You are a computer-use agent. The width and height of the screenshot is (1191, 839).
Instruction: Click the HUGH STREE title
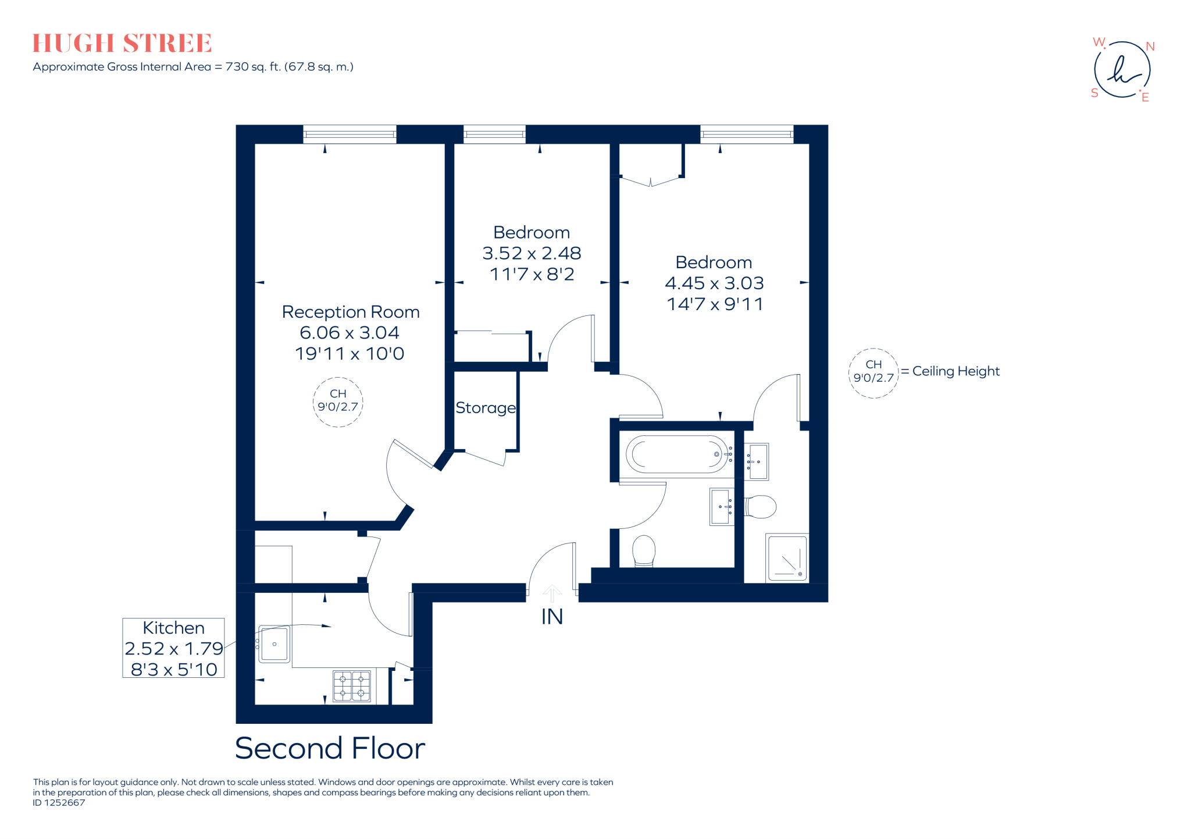[x=122, y=44]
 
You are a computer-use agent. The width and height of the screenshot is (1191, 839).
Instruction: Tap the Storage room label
[x=486, y=408]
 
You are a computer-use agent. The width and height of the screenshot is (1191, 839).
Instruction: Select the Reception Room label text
[x=351, y=312]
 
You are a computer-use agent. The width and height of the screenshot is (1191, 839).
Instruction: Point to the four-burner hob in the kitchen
[x=352, y=686]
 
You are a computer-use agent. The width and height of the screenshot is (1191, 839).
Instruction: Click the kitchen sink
[x=274, y=644]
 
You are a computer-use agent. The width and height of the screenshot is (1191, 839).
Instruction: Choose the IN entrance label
[x=552, y=617]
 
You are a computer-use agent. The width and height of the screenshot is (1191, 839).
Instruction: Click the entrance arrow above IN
[x=552, y=593]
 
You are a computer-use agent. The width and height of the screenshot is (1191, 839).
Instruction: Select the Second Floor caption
[x=330, y=748]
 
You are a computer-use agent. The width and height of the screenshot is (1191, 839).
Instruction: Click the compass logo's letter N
[x=1150, y=47]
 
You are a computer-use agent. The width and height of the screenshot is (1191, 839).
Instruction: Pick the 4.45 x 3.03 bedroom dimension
[x=714, y=283]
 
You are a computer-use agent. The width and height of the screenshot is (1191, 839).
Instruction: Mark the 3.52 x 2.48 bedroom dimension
[x=532, y=253]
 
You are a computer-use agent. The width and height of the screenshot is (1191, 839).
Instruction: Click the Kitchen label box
[x=173, y=648]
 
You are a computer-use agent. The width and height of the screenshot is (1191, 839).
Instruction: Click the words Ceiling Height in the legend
[x=956, y=371]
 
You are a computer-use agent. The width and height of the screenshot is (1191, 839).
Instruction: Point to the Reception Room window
[x=350, y=134]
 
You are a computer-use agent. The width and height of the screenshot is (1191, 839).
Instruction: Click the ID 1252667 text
[x=59, y=803]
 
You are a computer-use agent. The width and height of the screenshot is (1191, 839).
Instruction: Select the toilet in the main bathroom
[x=643, y=550]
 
